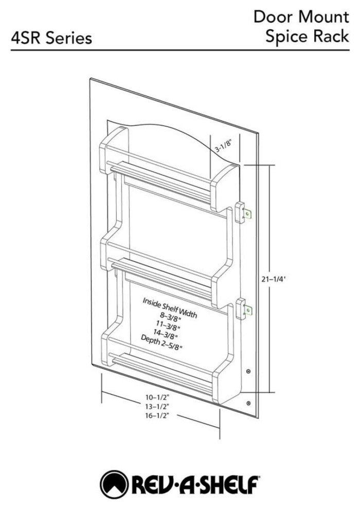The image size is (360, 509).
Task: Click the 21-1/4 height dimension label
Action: click(273, 279)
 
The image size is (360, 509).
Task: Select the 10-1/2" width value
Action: click(158, 397)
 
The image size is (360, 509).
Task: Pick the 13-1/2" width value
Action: click(158, 406)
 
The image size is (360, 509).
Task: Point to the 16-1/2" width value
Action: click(158, 415)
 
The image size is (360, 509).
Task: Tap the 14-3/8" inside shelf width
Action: click(165, 334)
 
